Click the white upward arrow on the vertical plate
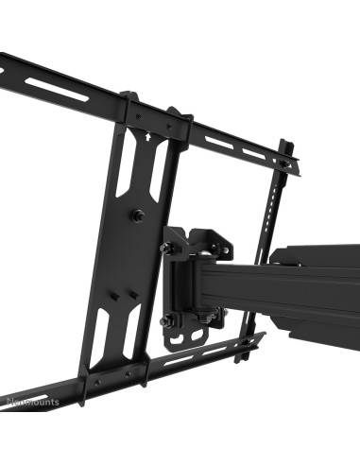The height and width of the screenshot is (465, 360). coord(147,135)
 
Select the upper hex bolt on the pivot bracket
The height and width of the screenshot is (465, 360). coord(166,248)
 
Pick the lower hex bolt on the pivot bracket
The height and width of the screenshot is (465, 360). coord(166,321)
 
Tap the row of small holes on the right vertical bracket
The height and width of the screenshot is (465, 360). coord(275,203)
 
